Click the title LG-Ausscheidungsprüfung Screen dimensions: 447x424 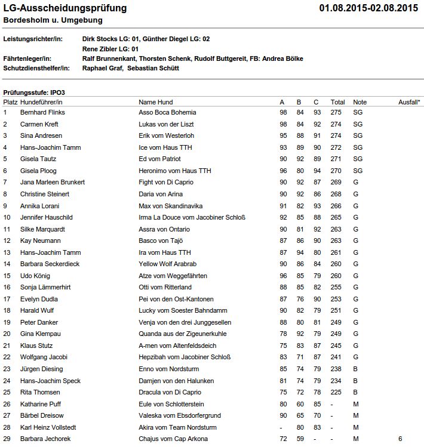(65, 8)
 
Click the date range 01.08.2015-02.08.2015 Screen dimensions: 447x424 (368, 8)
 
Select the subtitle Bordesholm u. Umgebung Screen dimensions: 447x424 (53, 20)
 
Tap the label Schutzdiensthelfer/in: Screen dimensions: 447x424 (37, 68)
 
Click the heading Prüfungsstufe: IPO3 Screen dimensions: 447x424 (34, 93)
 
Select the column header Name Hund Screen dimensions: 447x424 (156, 102)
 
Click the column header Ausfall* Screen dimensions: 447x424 (409, 102)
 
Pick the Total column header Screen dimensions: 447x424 (338, 102)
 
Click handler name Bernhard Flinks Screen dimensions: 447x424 (42, 112)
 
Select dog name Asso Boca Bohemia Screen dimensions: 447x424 (168, 112)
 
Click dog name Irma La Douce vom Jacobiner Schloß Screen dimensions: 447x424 (192, 217)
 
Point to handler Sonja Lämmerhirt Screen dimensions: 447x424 (45, 287)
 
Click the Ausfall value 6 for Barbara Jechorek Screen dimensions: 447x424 (401, 439)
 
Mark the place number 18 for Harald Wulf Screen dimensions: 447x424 (7, 310)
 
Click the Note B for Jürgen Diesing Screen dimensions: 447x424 (355, 369)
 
